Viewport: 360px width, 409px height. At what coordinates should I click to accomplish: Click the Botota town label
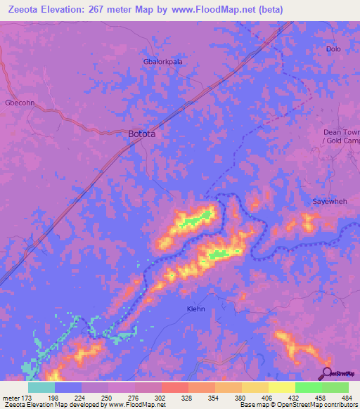[x=141, y=134]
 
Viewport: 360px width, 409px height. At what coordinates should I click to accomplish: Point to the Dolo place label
[x=333, y=49]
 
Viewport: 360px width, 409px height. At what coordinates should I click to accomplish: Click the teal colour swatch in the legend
[x=41, y=387]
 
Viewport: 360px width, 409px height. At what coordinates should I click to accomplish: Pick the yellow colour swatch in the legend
[x=281, y=387]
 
